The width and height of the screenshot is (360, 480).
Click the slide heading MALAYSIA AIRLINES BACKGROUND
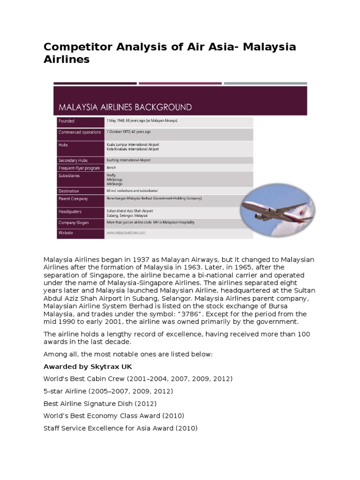point(125,107)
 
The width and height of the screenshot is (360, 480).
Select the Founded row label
point(67,121)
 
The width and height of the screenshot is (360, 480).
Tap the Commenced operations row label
point(79,132)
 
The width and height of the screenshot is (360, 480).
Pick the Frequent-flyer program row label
point(79,168)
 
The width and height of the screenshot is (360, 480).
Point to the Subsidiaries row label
point(69,176)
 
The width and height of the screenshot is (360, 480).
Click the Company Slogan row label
point(74,222)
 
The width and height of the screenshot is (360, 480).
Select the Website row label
point(66,233)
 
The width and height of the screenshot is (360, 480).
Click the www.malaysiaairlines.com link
point(126,232)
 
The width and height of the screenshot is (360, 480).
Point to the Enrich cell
point(111,167)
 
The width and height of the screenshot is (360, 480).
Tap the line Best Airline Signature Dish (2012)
point(100,403)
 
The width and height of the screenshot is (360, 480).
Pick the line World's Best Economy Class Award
point(113,415)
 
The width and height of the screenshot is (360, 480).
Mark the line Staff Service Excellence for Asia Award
point(120,428)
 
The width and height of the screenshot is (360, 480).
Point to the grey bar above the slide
point(265,83)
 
